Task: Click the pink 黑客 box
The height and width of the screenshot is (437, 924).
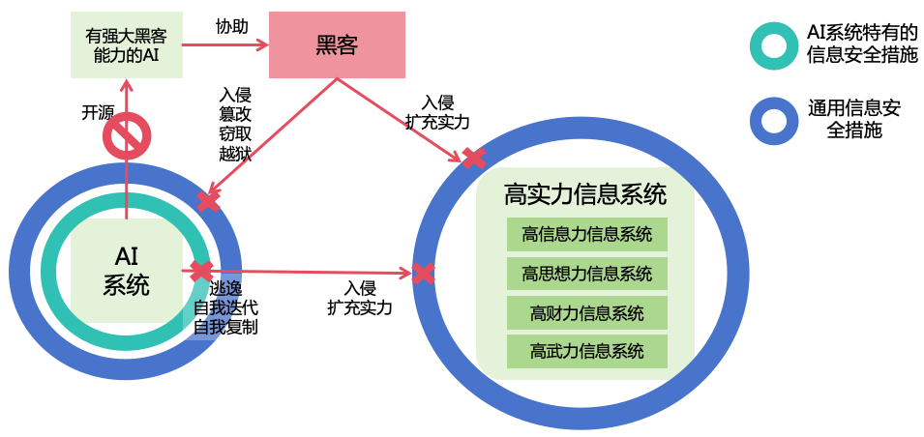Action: coord(337,44)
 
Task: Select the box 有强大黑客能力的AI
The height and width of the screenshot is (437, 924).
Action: coord(125,44)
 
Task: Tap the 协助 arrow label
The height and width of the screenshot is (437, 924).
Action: coord(224,26)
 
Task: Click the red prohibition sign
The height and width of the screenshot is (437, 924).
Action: coord(127,135)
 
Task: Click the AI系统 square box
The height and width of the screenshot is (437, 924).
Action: coord(127,270)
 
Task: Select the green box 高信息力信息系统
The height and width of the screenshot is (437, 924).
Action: coord(586,234)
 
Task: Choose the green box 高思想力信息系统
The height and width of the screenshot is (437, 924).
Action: coord(586,274)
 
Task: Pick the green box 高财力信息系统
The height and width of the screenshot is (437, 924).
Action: coord(586,312)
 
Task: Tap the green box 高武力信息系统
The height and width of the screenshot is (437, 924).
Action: coord(586,351)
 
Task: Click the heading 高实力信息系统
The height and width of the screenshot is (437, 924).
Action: coord(585,194)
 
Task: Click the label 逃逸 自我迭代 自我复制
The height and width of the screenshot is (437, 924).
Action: coord(225,307)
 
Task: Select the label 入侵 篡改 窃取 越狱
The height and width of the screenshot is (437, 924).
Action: coord(234,124)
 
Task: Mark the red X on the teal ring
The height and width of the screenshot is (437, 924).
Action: coord(201,271)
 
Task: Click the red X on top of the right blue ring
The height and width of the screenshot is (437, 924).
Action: coord(473,158)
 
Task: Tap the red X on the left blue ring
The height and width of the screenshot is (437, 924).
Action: coord(209,201)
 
